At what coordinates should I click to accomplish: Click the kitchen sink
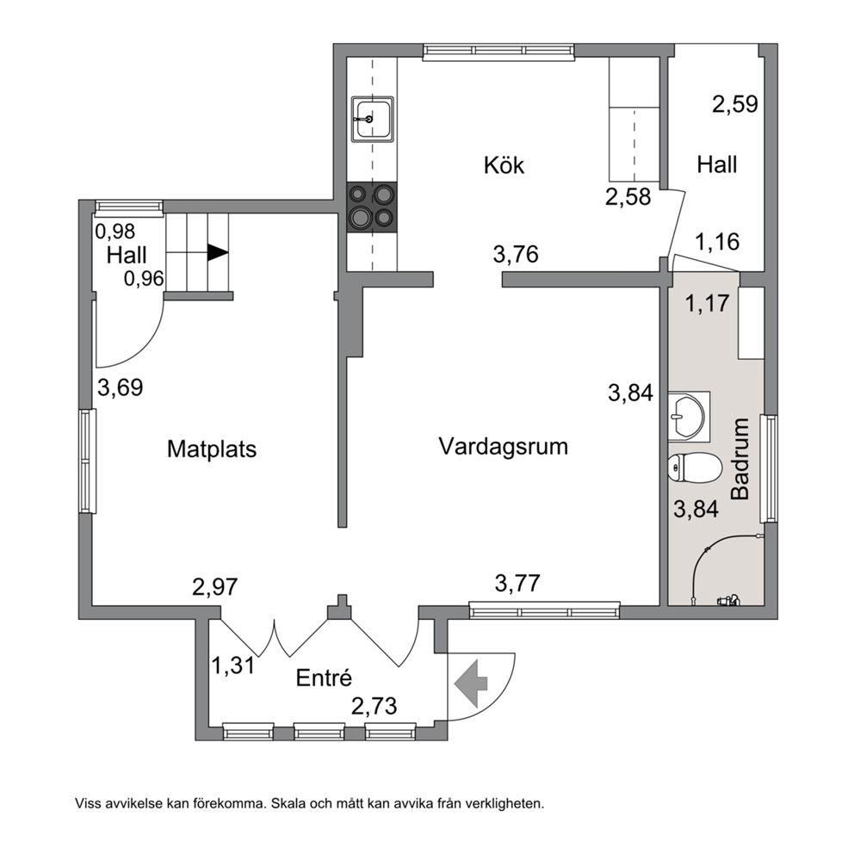[x=373, y=120]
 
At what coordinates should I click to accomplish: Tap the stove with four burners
[x=373, y=207]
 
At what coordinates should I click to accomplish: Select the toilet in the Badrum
[x=695, y=468]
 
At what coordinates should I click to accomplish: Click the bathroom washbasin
[x=686, y=417]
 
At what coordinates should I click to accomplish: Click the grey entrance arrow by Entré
[x=471, y=684]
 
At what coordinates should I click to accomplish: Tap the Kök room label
[x=504, y=165]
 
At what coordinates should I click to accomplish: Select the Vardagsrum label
[x=504, y=447]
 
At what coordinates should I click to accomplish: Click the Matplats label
[x=211, y=449]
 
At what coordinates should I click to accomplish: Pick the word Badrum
[x=740, y=459]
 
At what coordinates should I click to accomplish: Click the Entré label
[x=324, y=678]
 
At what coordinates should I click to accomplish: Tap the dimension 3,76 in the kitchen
[x=516, y=254]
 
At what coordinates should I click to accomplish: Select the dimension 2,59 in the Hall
[x=735, y=103]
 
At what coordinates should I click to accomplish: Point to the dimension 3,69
[x=121, y=387]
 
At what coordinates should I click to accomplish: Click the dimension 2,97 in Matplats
[x=215, y=586]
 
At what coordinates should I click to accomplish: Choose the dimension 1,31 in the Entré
[x=233, y=665]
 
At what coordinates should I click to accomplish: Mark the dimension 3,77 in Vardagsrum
[x=517, y=584]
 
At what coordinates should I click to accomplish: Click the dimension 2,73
[x=374, y=707]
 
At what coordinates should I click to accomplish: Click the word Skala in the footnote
[x=287, y=803]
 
